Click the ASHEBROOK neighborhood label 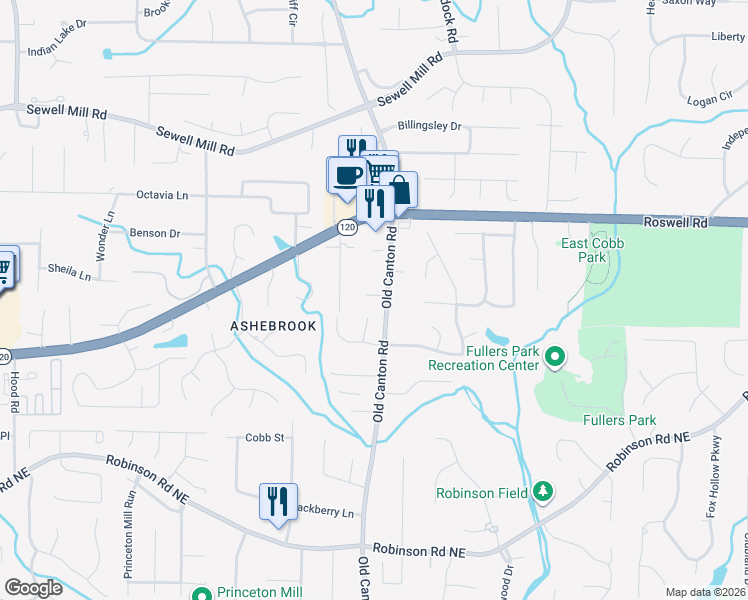pyautogui.click(x=273, y=326)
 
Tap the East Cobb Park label pyautogui.click(x=584, y=250)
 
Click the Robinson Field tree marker pyautogui.click(x=543, y=491)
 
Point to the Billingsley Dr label pyautogui.click(x=429, y=127)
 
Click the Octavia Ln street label pyautogui.click(x=162, y=195)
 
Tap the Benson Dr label pyautogui.click(x=155, y=233)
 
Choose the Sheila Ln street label pyautogui.click(x=70, y=270)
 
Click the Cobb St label pyautogui.click(x=266, y=437)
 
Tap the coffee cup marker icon pyautogui.click(x=347, y=176)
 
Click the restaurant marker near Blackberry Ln pyautogui.click(x=278, y=501)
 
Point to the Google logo pyautogui.click(x=33, y=588)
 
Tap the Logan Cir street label pyautogui.click(x=710, y=100)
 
